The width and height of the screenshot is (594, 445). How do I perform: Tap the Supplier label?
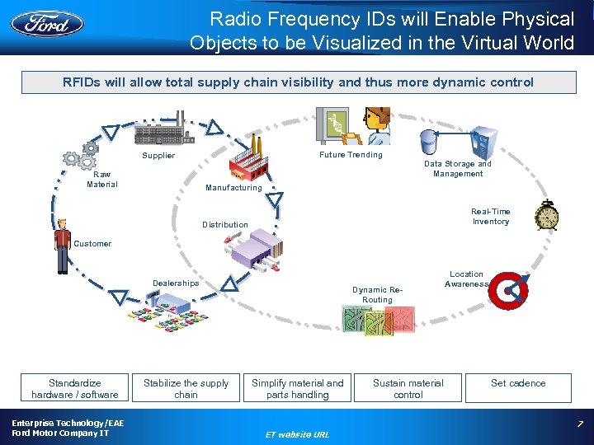point(158,156)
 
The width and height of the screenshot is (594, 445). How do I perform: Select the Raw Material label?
point(102,180)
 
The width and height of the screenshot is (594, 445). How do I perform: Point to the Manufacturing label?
point(233,188)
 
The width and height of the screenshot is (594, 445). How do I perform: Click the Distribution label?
point(225,225)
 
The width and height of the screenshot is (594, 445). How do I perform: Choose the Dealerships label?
point(176,283)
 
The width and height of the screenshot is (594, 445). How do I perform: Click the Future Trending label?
point(351,155)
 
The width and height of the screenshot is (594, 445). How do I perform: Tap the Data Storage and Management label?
point(458,169)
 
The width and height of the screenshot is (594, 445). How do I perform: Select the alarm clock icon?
point(546,216)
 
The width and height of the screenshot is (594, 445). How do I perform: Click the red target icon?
point(511,288)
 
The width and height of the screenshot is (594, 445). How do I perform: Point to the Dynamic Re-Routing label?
point(377,295)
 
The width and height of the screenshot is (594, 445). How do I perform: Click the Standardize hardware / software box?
point(75,389)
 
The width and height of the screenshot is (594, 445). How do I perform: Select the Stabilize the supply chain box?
point(186,389)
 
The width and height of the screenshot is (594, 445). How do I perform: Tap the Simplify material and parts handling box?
point(297,389)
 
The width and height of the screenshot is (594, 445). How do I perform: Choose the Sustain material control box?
point(408,389)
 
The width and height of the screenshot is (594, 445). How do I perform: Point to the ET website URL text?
point(297,434)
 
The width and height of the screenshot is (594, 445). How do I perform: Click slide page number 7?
point(580,424)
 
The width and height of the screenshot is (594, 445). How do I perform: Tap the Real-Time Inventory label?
point(491,217)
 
